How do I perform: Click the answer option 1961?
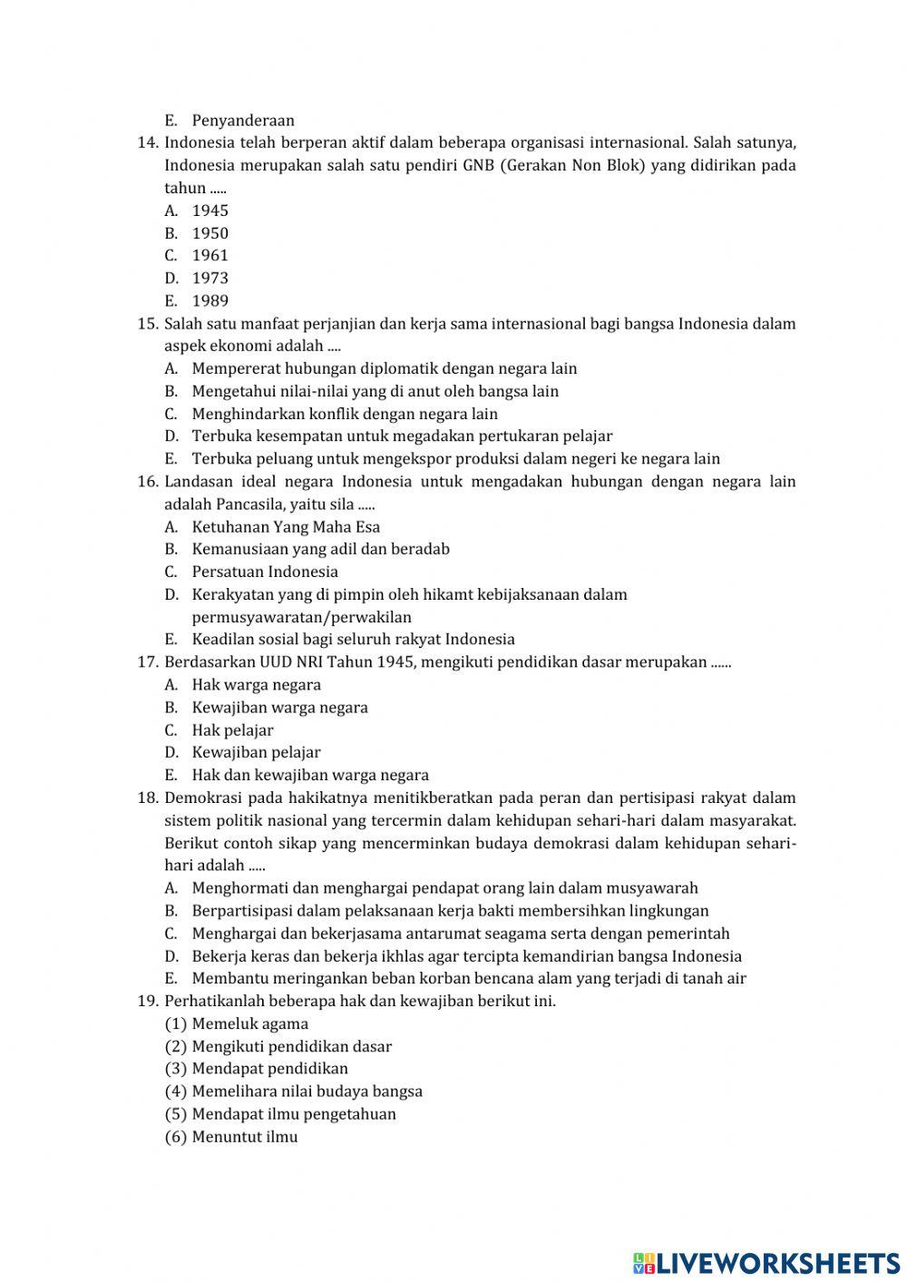(x=210, y=256)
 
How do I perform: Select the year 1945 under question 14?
(x=210, y=210)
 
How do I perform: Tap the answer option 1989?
(x=210, y=301)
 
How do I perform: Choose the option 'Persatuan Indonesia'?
(x=265, y=572)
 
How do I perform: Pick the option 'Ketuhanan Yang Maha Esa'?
(x=286, y=527)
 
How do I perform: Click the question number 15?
(x=148, y=324)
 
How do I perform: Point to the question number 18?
(x=148, y=798)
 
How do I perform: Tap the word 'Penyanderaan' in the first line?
(x=243, y=121)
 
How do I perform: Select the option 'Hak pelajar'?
(x=232, y=730)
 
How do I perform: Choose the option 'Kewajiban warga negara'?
(x=279, y=708)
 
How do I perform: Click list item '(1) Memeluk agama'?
(x=237, y=1024)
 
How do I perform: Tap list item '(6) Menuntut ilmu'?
(x=231, y=1137)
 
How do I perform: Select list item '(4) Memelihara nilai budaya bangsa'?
(x=294, y=1091)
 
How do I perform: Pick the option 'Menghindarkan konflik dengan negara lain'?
(x=345, y=414)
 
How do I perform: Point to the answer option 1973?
(x=210, y=279)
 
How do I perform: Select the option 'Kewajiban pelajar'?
(x=256, y=752)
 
